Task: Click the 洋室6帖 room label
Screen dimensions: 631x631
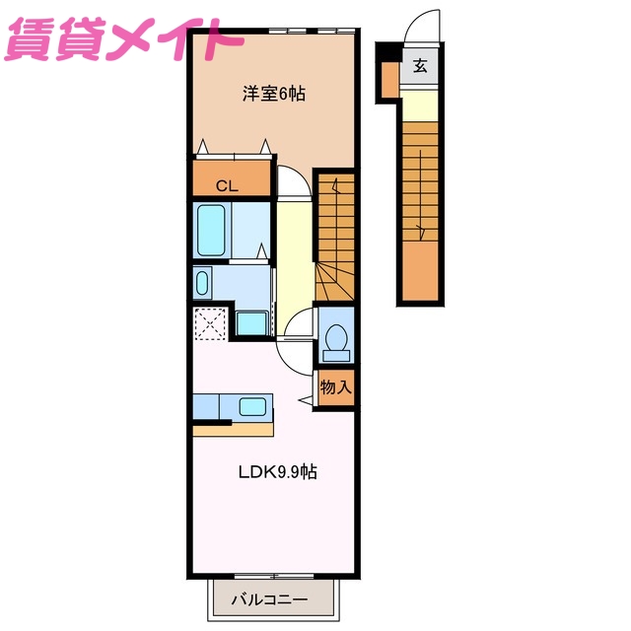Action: (274, 95)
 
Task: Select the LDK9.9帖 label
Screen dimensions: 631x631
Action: (277, 471)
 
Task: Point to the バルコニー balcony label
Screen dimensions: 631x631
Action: (269, 599)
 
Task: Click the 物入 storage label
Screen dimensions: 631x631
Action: (335, 387)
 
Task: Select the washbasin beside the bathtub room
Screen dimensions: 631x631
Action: (202, 284)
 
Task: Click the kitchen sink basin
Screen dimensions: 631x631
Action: (252, 406)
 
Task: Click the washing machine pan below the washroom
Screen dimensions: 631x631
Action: (251, 323)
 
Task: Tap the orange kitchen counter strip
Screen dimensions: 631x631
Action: (233, 430)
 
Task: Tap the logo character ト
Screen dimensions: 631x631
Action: (222, 37)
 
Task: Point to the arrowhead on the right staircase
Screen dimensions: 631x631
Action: (421, 232)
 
